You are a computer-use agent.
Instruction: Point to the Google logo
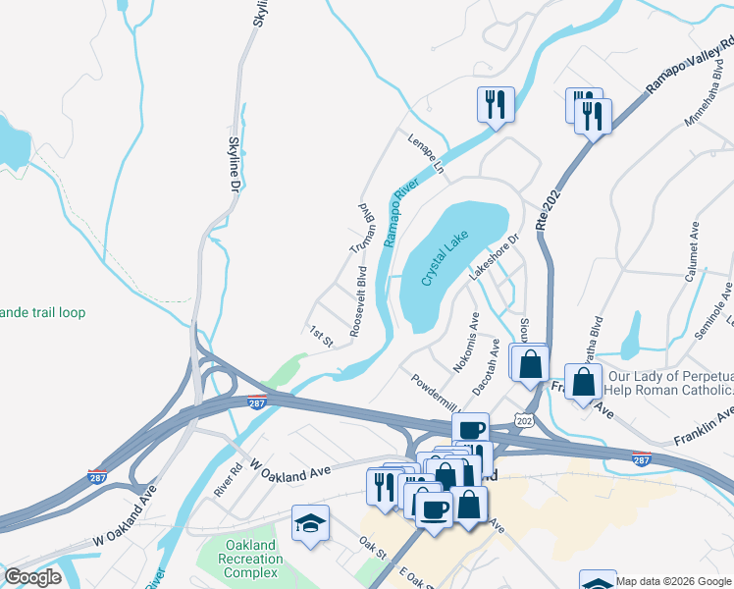pyautogui.click(x=32, y=577)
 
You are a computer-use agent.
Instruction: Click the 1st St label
pyautogui.click(x=322, y=337)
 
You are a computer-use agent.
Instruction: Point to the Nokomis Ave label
pyautogui.click(x=466, y=341)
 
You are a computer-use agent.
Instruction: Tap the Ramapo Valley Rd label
pyautogui.click(x=690, y=68)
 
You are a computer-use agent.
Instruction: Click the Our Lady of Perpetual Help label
pyautogui.click(x=670, y=384)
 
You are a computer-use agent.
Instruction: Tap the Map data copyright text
pyautogui.click(x=673, y=580)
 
